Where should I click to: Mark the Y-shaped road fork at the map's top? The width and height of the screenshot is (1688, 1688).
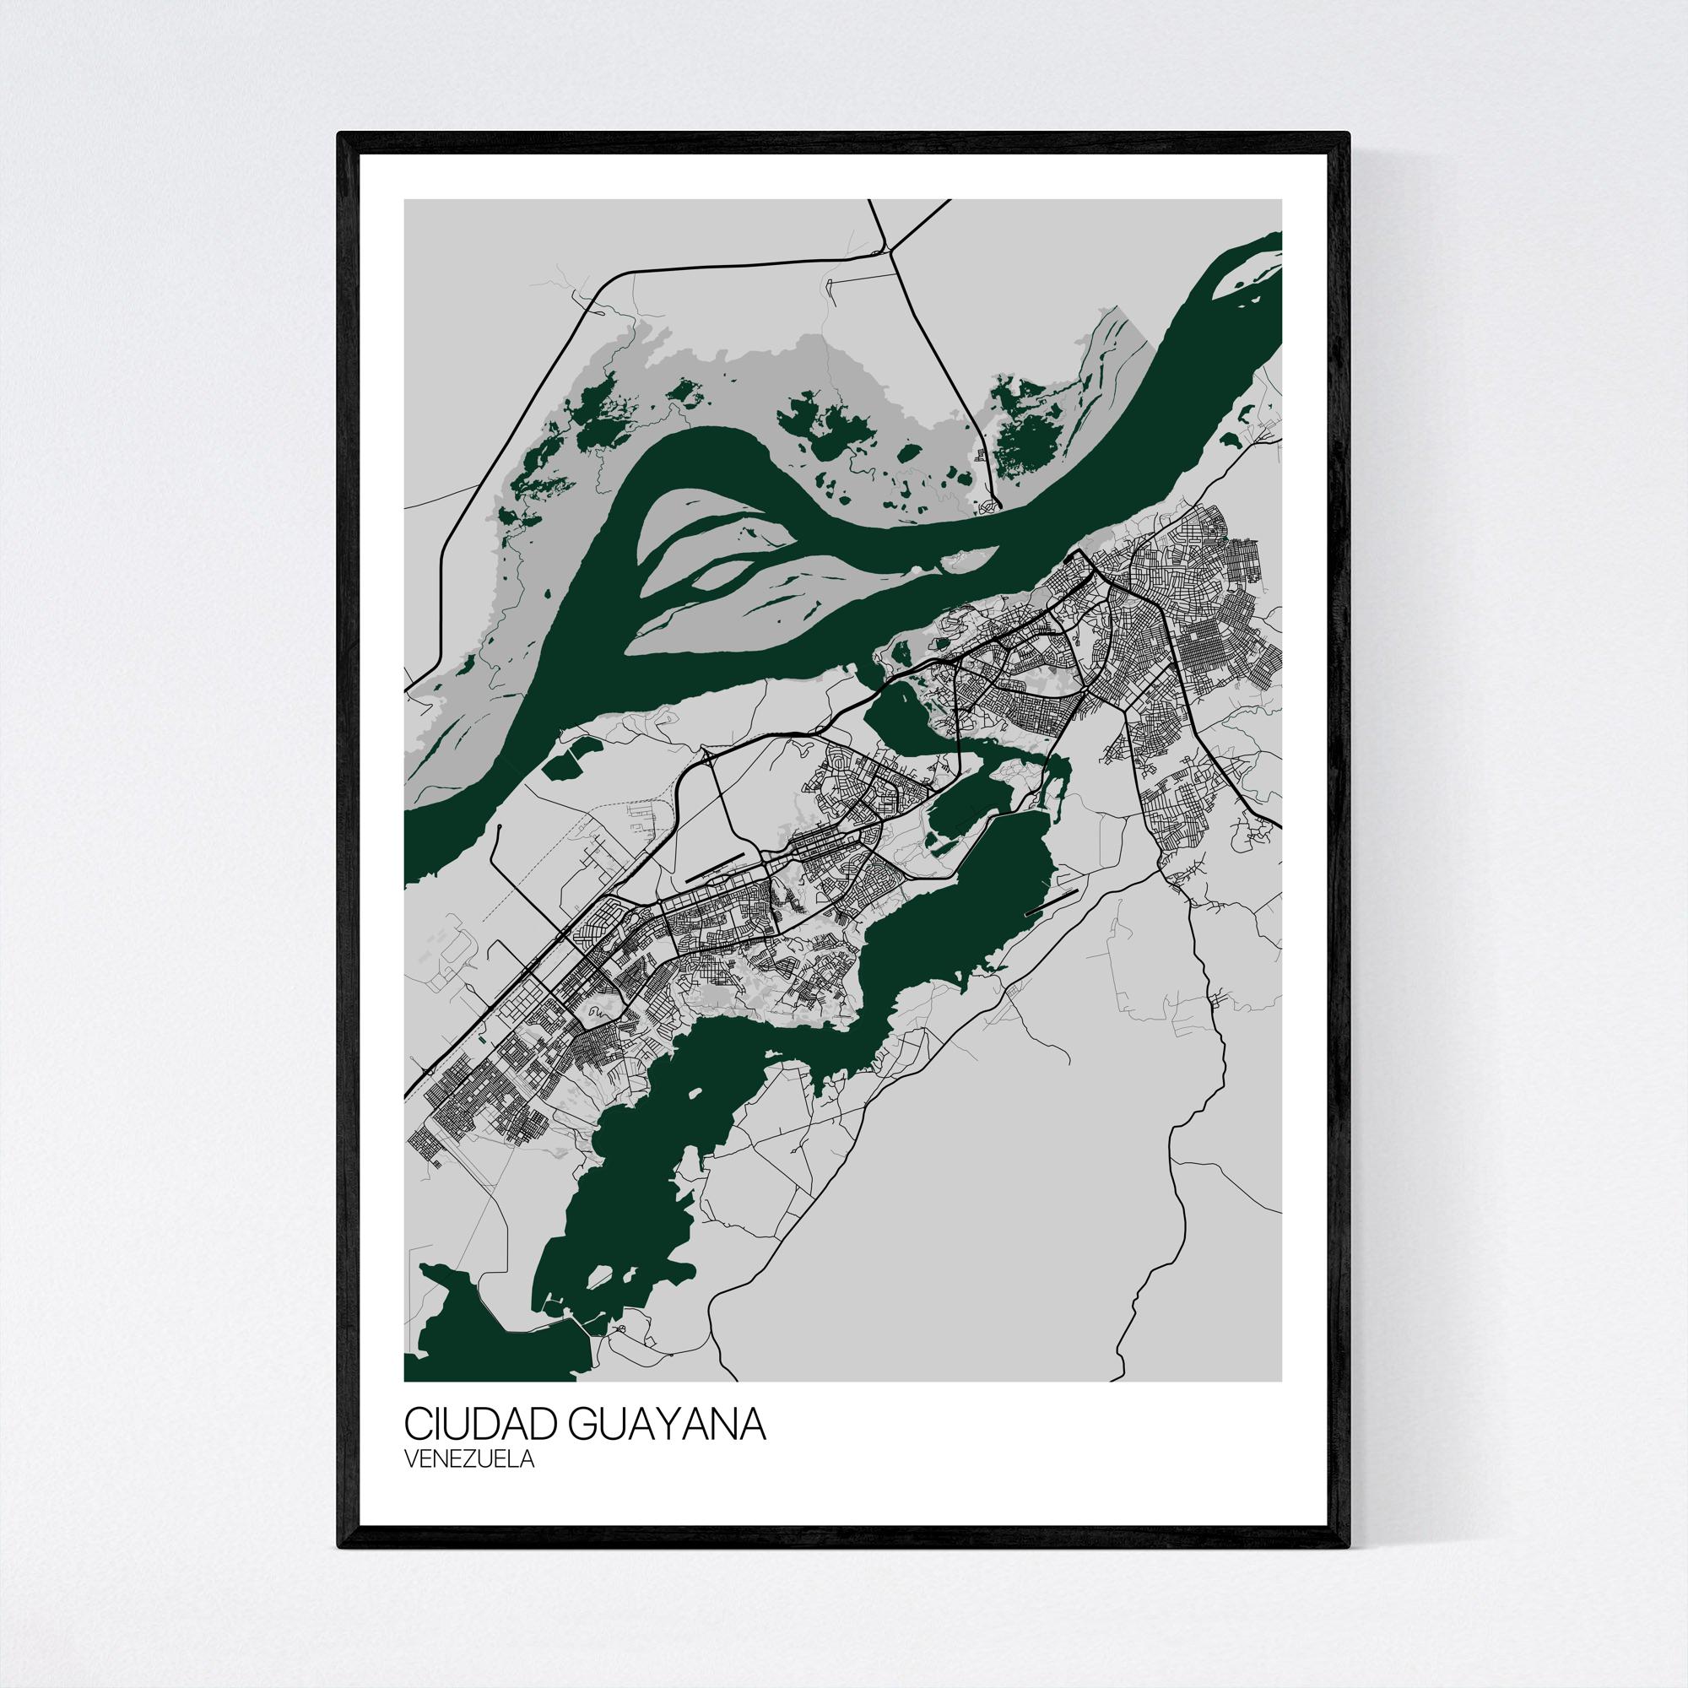[x=890, y=251]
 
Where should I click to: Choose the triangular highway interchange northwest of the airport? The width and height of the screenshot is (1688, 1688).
[x=708, y=753]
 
